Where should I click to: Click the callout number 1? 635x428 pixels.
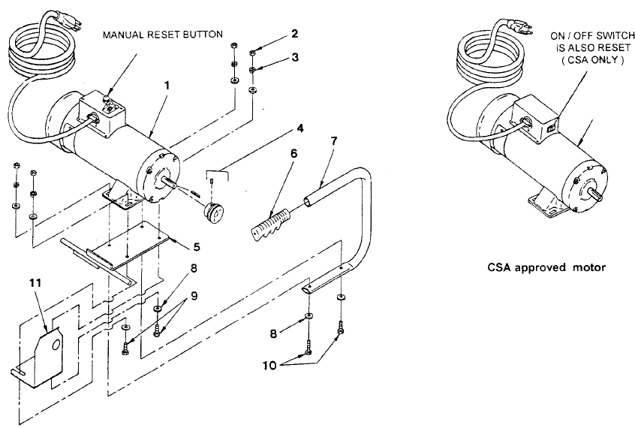pos(167,86)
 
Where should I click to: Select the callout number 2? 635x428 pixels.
pos(293,35)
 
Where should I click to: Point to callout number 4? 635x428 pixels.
pos(301,128)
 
